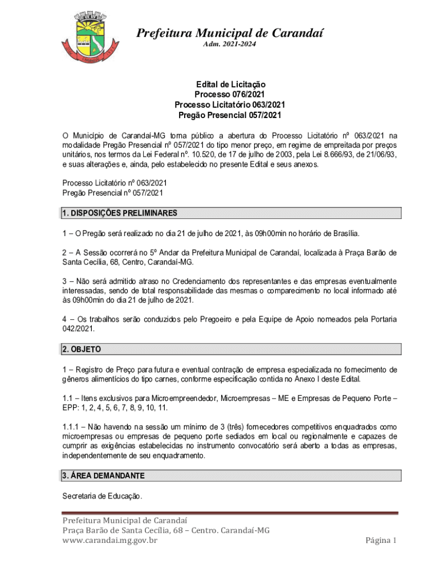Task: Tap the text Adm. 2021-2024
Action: pyautogui.click(x=230, y=44)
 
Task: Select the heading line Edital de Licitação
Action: pyautogui.click(x=230, y=84)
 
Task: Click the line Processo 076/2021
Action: pyautogui.click(x=230, y=95)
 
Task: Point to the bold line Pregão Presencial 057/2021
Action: pyautogui.click(x=230, y=115)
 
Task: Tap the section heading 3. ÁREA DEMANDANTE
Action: pyautogui.click(x=103, y=476)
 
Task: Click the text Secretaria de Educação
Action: pyautogui.click(x=101, y=496)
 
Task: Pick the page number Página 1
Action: pyautogui.click(x=381, y=540)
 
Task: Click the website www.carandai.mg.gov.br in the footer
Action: pyautogui.click(x=109, y=540)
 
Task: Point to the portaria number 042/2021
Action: pyautogui.click(x=78, y=329)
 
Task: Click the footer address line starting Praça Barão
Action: pyautogui.click(x=166, y=530)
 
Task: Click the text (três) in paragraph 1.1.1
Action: pyautogui.click(x=222, y=427)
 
